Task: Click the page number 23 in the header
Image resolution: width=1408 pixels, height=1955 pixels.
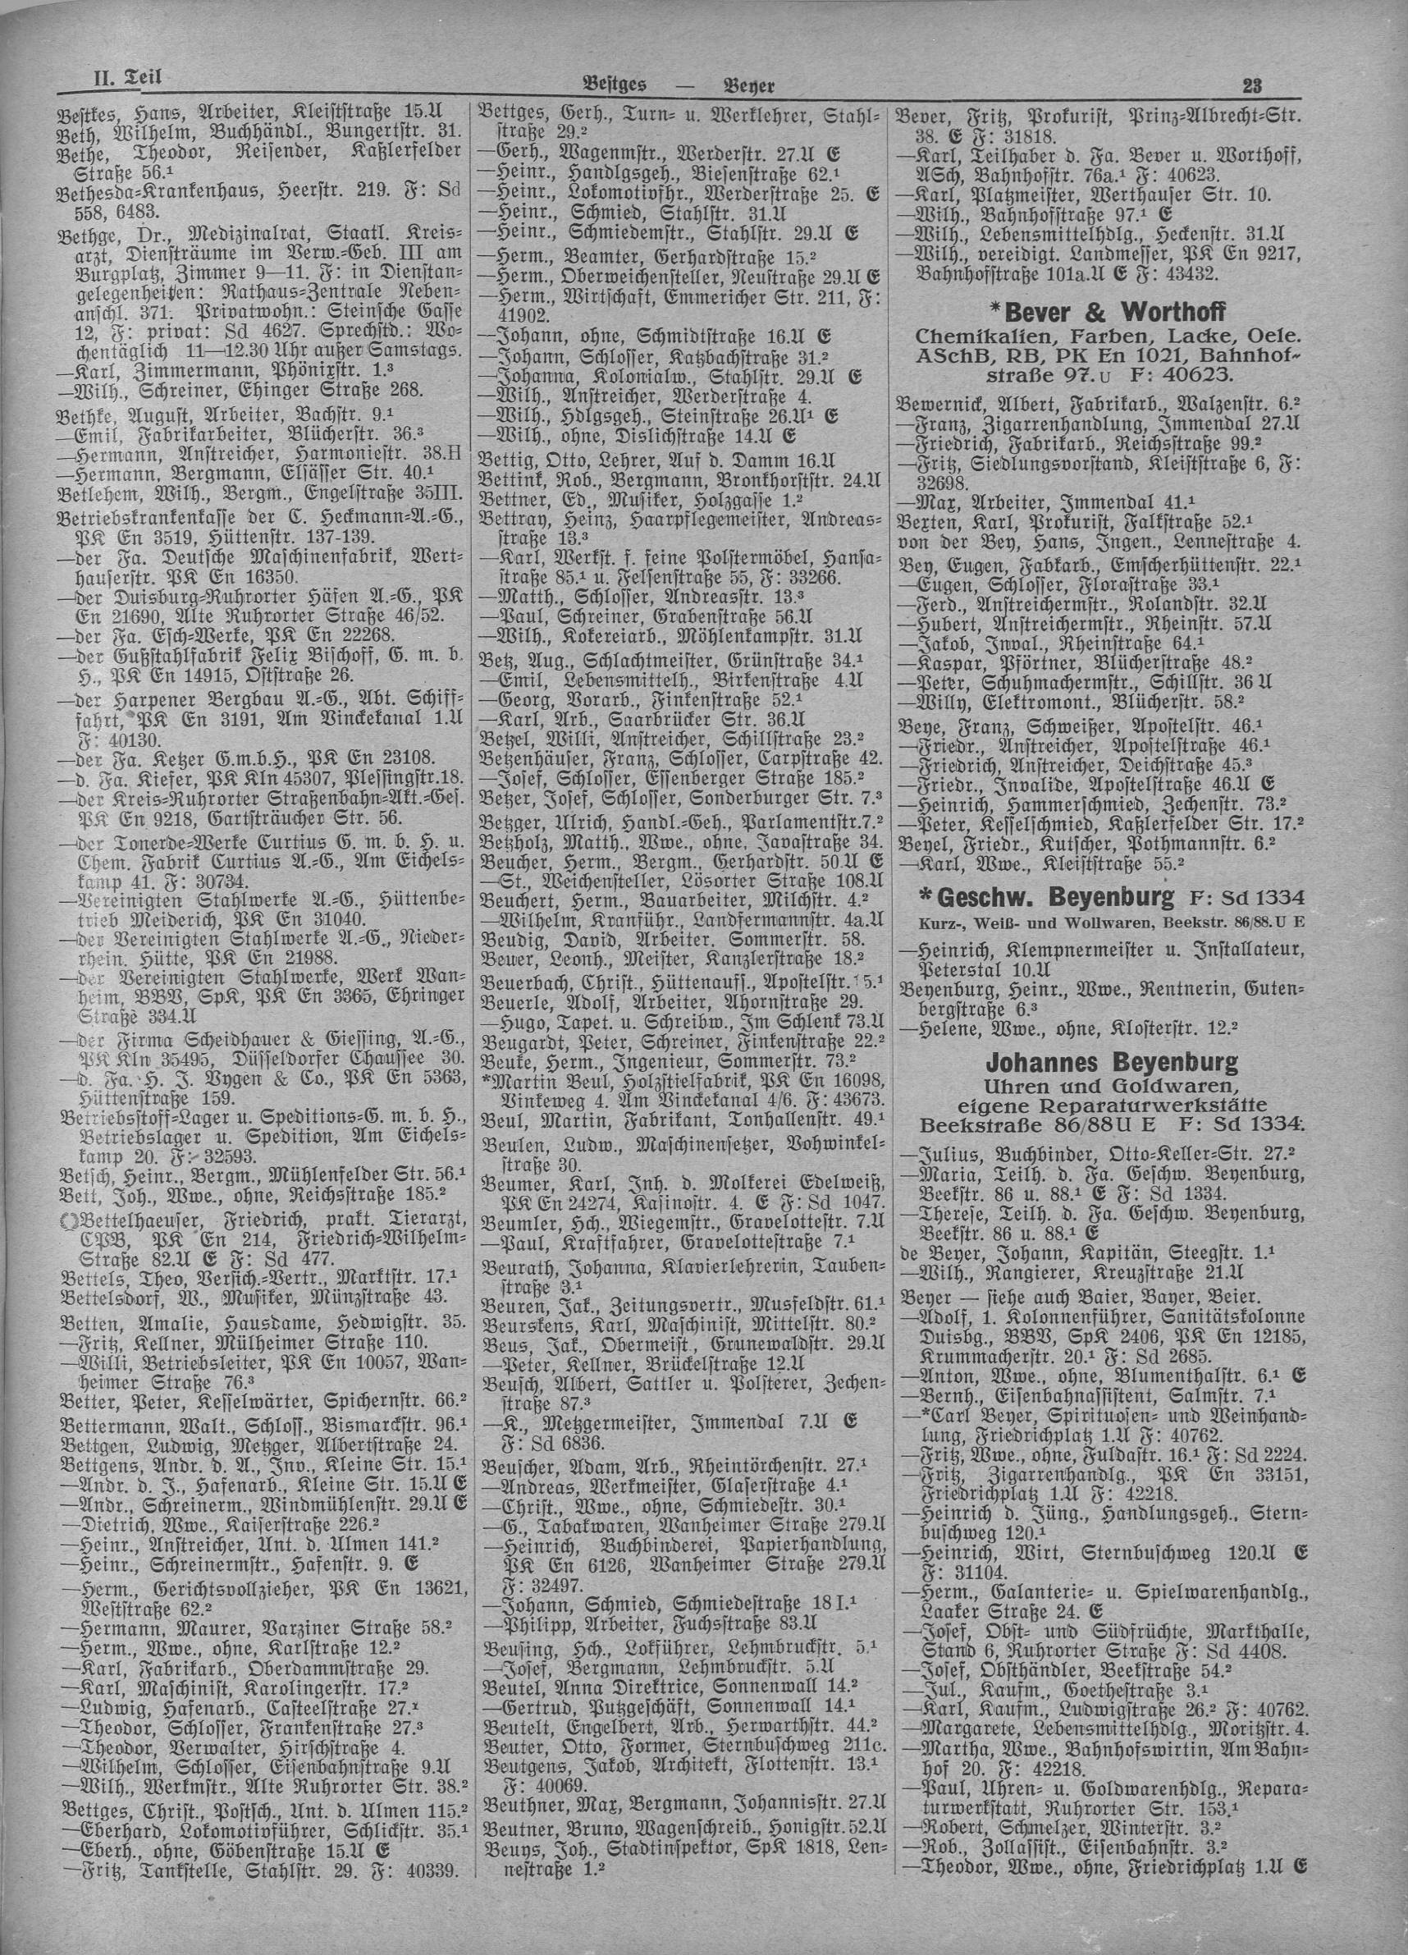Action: pyautogui.click(x=1251, y=85)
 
